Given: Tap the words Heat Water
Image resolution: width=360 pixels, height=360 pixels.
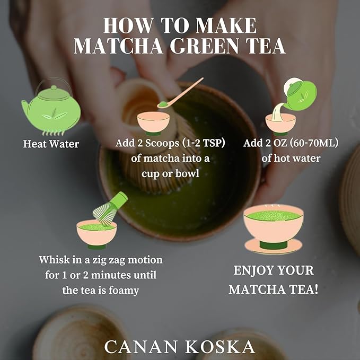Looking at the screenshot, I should [51, 144].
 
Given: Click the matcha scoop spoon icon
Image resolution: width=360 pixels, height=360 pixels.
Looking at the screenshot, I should [181, 93].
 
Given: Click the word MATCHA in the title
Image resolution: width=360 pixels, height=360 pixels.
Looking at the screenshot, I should [112, 47].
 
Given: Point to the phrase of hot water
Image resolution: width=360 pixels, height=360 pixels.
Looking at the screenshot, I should [291, 158].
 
